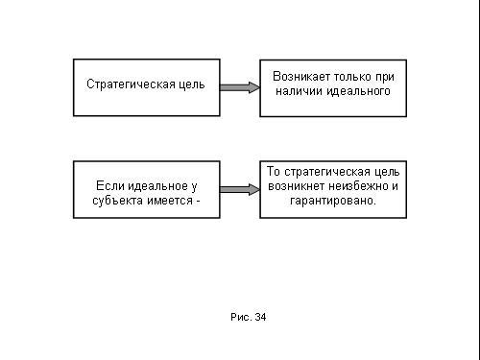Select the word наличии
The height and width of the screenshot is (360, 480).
(x=299, y=91)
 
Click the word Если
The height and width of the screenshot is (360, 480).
(x=108, y=186)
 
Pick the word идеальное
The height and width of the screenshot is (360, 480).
(x=156, y=186)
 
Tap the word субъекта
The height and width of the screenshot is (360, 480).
(x=117, y=201)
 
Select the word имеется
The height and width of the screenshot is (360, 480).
(x=170, y=201)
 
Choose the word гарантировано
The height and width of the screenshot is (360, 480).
(x=333, y=201)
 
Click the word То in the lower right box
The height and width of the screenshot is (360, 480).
(x=274, y=172)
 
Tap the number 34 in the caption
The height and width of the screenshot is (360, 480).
(x=261, y=317)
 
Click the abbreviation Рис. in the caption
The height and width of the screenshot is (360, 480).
(x=241, y=317)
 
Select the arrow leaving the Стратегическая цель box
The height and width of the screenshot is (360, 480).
(x=240, y=87)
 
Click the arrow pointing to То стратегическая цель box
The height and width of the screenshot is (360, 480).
(x=240, y=189)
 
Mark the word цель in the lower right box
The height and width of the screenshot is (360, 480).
(x=387, y=172)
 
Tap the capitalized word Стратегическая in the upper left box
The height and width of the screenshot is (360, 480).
(x=131, y=84)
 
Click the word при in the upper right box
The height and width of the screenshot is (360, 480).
(x=384, y=77)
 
